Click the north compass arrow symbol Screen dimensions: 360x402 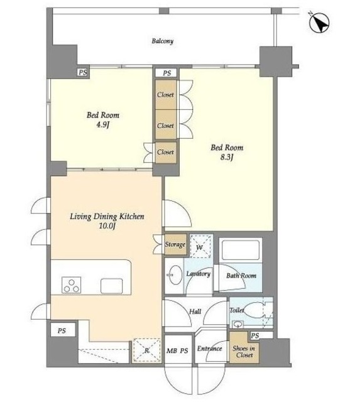319,23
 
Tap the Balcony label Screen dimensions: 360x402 163,41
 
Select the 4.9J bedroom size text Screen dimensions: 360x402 102,125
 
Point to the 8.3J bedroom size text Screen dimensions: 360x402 227,157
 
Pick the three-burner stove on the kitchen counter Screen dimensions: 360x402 71,285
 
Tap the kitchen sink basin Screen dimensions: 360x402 112,286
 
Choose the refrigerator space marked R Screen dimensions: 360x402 146,350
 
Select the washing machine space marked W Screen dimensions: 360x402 201,246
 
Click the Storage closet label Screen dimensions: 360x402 175,244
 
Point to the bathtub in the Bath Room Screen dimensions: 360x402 241,250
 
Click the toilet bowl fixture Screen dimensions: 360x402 254,310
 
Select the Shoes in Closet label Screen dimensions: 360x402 244,352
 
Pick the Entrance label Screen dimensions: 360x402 209,349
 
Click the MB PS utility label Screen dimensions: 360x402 177,350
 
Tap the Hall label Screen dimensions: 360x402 195,312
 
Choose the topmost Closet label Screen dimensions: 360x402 165,95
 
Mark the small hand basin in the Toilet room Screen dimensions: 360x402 237,325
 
